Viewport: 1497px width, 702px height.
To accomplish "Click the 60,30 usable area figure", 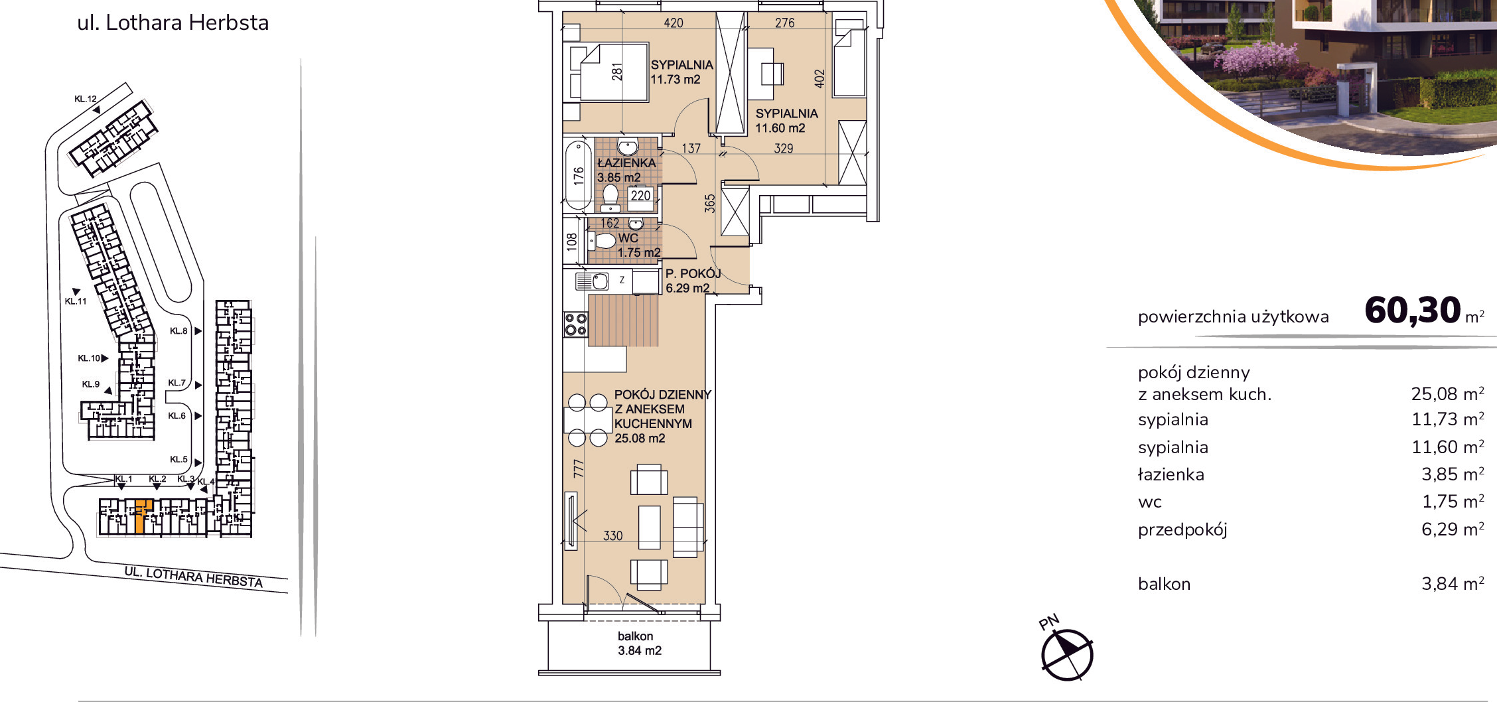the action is click(x=1413, y=310).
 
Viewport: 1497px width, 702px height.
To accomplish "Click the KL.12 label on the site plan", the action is click(x=85, y=99).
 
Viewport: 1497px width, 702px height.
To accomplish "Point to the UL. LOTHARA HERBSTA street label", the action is click(x=194, y=577).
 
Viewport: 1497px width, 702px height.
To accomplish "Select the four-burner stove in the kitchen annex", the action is click(x=575, y=324).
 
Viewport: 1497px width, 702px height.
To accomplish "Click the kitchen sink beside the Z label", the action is click(x=592, y=281).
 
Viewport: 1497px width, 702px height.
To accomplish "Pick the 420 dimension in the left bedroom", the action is click(x=674, y=23).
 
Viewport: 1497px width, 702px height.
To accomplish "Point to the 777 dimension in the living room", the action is click(x=579, y=469).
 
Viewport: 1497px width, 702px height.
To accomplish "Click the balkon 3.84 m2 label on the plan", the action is click(x=639, y=644).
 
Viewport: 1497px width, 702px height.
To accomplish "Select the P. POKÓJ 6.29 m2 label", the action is click(x=693, y=281).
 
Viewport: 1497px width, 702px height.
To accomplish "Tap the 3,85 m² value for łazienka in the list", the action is click(x=1453, y=474).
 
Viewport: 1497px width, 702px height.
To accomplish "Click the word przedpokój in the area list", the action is click(x=1182, y=529).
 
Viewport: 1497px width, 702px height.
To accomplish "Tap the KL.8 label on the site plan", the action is click(x=178, y=331).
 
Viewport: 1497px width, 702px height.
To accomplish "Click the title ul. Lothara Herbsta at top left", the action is click(x=173, y=23).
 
